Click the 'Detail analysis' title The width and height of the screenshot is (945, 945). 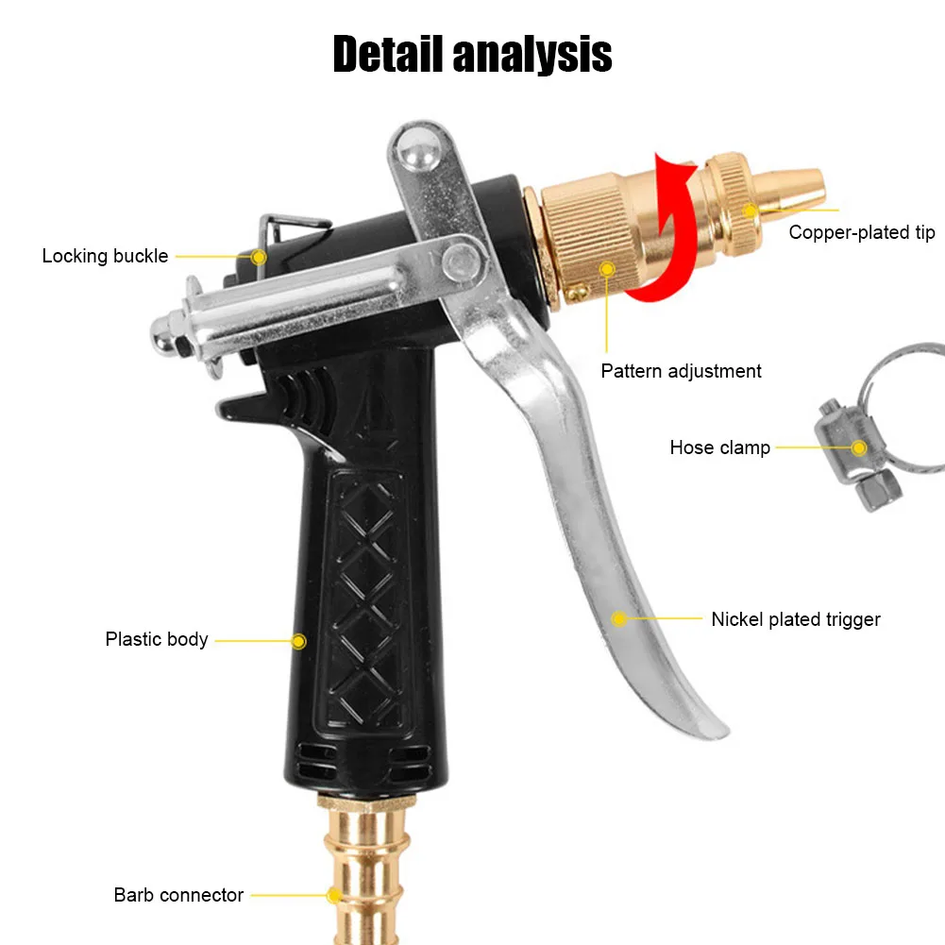click(472, 54)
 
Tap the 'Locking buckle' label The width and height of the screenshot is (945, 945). click(105, 256)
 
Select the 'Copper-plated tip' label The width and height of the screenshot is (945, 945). click(861, 232)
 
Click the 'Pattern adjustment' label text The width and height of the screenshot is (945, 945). click(681, 371)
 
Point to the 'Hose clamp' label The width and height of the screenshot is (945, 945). click(719, 447)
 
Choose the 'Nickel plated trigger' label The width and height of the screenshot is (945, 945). click(795, 619)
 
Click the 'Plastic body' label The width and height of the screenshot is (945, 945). click(157, 639)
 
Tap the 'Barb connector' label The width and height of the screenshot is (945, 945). click(178, 895)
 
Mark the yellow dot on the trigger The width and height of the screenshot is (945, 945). click(618, 619)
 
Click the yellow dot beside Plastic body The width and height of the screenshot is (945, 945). click(298, 641)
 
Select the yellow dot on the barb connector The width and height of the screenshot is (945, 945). click(333, 895)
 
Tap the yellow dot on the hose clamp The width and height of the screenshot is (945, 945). click(859, 447)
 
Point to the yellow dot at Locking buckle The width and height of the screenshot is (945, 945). click(259, 256)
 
